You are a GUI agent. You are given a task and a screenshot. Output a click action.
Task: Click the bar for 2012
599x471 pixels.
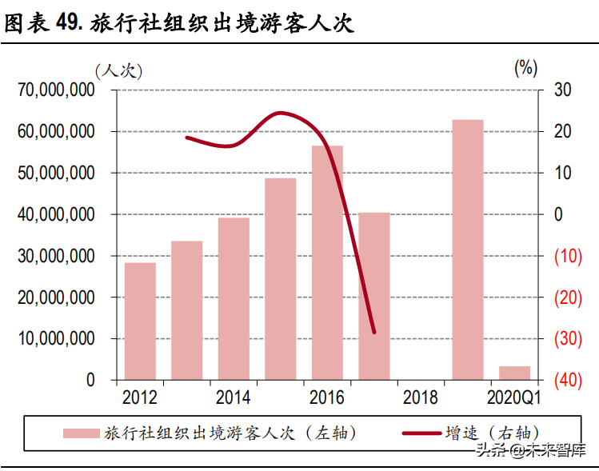[x=140, y=321]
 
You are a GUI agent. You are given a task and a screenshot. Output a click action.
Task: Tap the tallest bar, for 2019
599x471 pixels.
[x=468, y=249]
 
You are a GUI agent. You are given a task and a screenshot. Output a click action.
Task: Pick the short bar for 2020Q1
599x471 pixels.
[x=514, y=373]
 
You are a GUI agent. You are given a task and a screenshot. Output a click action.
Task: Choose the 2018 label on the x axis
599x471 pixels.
[x=421, y=397]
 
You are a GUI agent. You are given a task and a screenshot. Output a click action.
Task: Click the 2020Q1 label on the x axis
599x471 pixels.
[x=514, y=397]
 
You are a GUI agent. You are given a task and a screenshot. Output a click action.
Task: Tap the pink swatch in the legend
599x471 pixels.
[x=82, y=433]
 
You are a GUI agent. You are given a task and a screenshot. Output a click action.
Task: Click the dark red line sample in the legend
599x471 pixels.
[x=421, y=433]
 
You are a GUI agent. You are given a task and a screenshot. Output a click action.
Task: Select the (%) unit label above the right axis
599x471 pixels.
[x=525, y=68]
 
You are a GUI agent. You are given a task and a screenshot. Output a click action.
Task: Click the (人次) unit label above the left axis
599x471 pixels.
[x=118, y=70]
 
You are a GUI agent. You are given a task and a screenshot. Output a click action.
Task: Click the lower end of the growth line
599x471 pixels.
[x=373, y=332]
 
